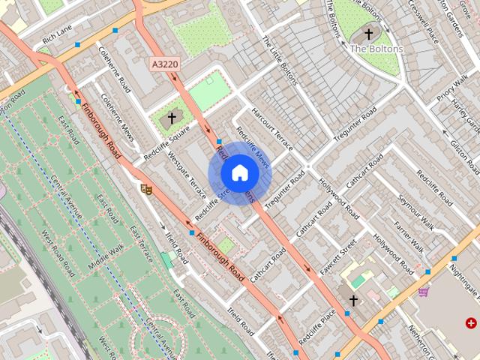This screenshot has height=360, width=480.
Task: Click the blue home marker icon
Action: pos(239,172)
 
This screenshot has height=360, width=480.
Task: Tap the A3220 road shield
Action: pos(164,64)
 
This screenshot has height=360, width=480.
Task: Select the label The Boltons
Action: pos(376,49)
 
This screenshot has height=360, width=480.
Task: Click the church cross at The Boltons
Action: pos(368,34)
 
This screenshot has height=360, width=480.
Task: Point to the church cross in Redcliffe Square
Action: pos(171,118)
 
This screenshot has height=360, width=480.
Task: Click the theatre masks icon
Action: pos(146,189)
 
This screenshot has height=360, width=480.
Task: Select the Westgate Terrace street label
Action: pos(187,172)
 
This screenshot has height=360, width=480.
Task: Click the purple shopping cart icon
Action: pos(424,291)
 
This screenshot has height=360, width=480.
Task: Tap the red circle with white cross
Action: pos(471,323)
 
